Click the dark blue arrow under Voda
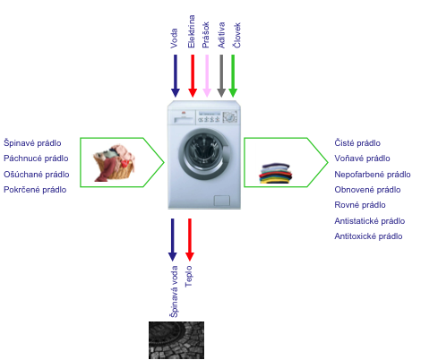click(x=176, y=76)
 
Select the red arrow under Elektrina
click(x=193, y=76)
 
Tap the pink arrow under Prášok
click(x=207, y=76)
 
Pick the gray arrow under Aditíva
click(x=221, y=76)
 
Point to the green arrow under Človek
click(x=233, y=76)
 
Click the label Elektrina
click(x=192, y=31)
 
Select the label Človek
click(x=236, y=35)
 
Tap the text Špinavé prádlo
click(x=32, y=143)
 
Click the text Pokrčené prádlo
click(x=35, y=190)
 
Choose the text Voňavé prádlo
click(x=362, y=159)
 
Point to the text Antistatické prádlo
click(x=370, y=221)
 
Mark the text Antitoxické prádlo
click(x=368, y=236)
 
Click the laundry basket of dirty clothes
click(x=114, y=163)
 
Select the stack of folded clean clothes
click(x=275, y=173)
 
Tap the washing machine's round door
click(x=204, y=154)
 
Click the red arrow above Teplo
click(x=190, y=240)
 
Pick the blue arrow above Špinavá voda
click(x=172, y=240)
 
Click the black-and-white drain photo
click(x=176, y=340)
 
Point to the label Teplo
click(x=188, y=277)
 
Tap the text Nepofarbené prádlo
click(x=373, y=175)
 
